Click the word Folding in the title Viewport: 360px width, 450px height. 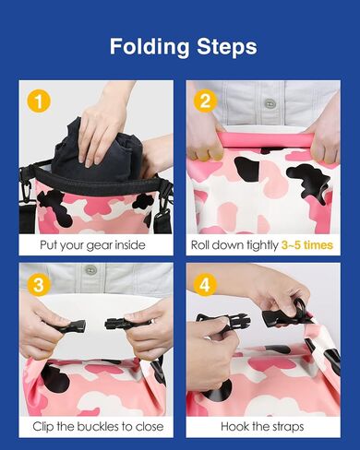[150, 47]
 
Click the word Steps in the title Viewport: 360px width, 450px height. [227, 46]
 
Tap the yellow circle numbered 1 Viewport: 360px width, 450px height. [39, 101]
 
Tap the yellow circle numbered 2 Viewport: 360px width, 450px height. [205, 101]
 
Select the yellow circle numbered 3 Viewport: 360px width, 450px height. [39, 285]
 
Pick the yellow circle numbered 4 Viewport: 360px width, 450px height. [205, 284]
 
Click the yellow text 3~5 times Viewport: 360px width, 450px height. [307, 245]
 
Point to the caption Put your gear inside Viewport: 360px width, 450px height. [92, 245]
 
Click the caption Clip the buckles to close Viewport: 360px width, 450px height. [98, 427]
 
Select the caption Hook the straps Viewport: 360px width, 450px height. [262, 427]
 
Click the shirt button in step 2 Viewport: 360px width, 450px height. [270, 103]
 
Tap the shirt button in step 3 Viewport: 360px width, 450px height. [90, 270]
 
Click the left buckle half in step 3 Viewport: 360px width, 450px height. [72, 326]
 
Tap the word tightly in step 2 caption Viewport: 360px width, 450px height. [263, 245]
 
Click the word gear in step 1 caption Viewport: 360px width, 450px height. [100, 246]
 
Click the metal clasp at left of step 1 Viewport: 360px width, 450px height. [26, 187]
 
